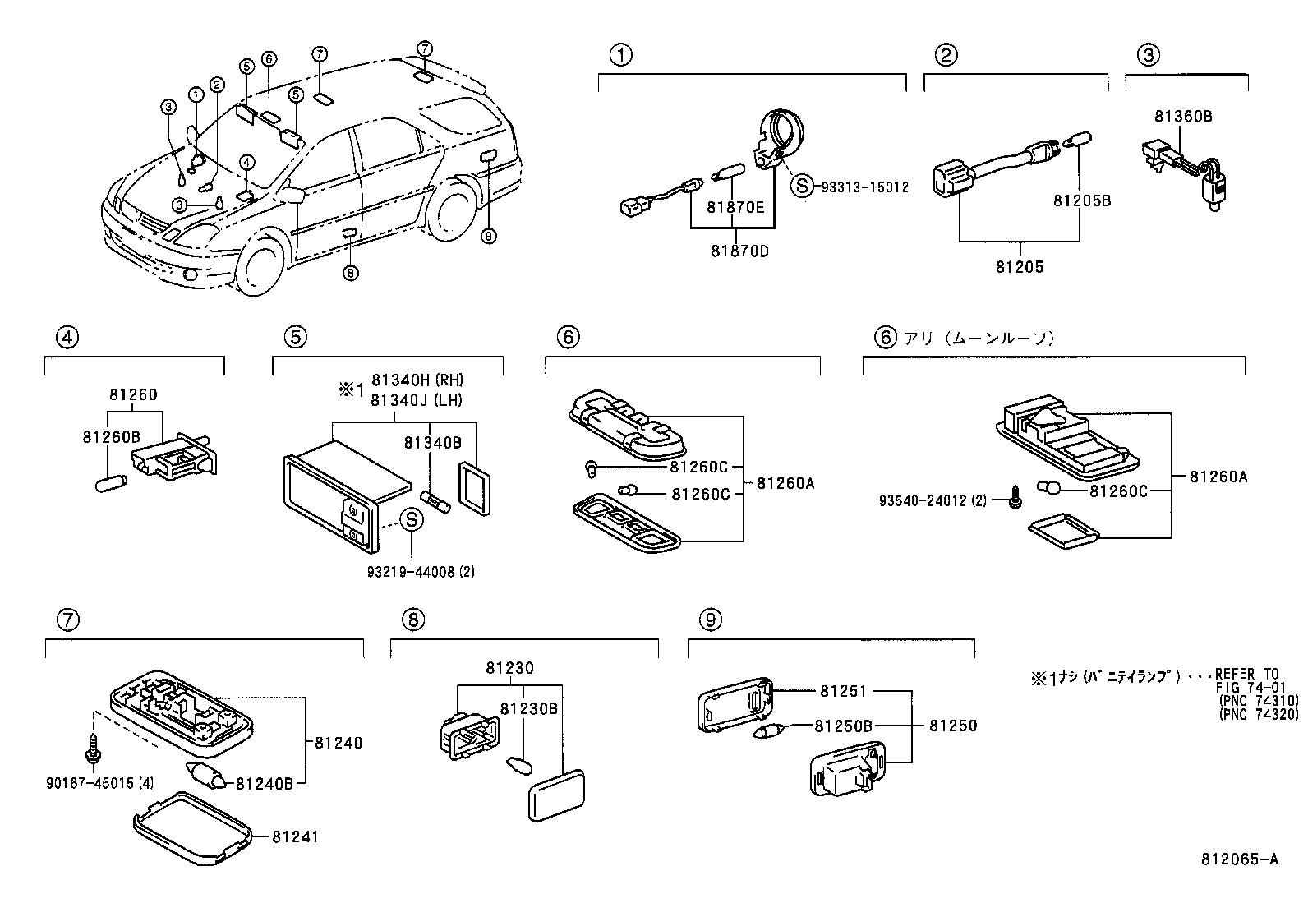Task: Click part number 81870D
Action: point(739,251)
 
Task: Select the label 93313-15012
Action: point(864,187)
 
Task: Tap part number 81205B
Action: point(1082,200)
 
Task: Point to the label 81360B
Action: point(1182,117)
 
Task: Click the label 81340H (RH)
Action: point(417,380)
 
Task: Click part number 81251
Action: point(843,691)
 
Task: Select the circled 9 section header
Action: point(712,619)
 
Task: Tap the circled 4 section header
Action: point(67,337)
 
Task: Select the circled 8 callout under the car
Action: point(351,273)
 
